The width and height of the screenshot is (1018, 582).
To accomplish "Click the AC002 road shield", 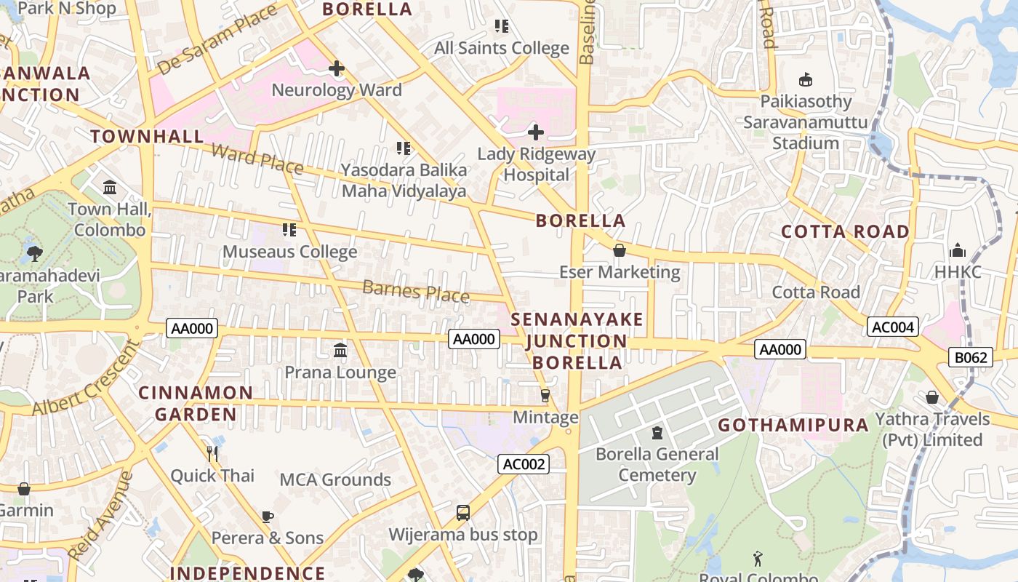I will click(x=524, y=464).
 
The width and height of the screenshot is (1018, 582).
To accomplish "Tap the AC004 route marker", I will click(x=892, y=327).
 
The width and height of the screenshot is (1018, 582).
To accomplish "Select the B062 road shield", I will click(x=971, y=357).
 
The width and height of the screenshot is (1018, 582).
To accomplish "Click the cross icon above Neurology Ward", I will click(x=336, y=69).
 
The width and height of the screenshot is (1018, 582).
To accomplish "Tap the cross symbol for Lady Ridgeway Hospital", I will click(x=536, y=132).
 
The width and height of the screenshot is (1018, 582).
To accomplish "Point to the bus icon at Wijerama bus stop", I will click(x=463, y=513).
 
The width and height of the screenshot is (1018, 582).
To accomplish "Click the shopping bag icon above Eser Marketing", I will click(x=620, y=251).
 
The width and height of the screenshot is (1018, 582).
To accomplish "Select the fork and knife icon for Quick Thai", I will click(x=212, y=454).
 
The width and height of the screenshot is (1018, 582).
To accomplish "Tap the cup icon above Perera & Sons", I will click(x=268, y=517).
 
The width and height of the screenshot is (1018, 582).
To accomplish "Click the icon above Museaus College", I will click(x=289, y=231).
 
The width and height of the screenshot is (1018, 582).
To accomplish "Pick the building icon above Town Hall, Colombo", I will click(x=110, y=188).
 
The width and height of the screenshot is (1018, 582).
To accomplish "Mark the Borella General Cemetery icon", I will click(x=657, y=433).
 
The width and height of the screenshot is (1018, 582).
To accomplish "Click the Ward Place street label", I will click(x=257, y=159).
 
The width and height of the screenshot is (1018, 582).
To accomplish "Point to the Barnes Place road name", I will click(x=415, y=291).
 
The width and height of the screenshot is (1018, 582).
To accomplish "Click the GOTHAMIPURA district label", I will click(x=793, y=425).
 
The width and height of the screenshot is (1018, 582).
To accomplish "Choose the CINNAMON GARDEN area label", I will click(x=196, y=403).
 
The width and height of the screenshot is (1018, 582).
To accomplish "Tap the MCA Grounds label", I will click(x=335, y=479).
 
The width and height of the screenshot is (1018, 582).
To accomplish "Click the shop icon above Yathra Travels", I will click(x=931, y=397).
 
